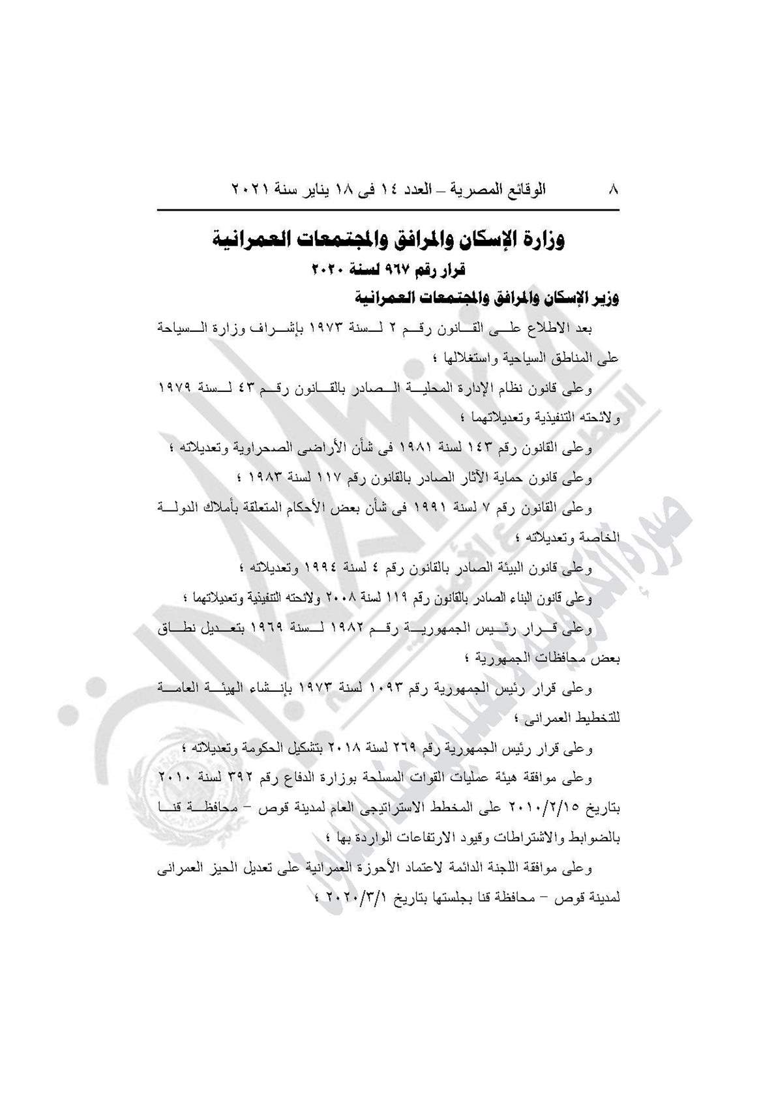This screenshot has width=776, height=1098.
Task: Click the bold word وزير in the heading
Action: coord(604,299)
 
